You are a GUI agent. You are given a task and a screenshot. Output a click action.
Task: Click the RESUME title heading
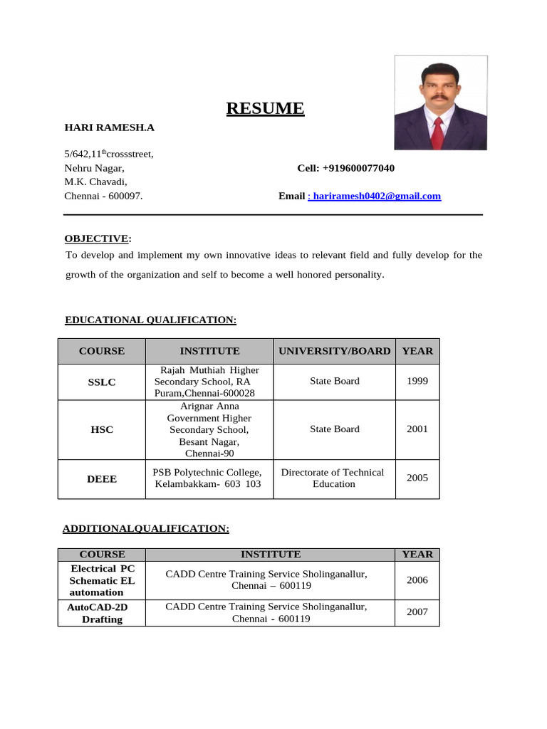(x=265, y=108)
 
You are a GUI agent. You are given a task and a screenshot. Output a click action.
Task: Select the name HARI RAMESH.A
(x=109, y=127)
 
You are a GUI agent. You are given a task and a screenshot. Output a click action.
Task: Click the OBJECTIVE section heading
(x=98, y=238)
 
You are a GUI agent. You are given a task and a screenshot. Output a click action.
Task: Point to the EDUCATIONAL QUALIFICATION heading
(x=150, y=320)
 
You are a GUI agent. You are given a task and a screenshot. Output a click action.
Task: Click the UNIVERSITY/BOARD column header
(x=334, y=351)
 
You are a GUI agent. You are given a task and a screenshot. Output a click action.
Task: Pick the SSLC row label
(x=101, y=382)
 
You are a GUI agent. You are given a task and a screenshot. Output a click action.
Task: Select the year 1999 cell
(x=417, y=381)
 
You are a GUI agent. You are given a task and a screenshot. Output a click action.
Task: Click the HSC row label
(x=101, y=430)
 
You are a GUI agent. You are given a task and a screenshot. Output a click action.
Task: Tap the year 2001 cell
(x=417, y=429)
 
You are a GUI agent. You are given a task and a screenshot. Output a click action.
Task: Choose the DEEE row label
(x=101, y=479)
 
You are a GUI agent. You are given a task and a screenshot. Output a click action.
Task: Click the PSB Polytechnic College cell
(x=208, y=478)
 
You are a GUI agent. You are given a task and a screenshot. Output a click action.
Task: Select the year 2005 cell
(x=417, y=478)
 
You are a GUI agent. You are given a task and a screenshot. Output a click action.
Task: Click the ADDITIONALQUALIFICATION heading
(x=146, y=528)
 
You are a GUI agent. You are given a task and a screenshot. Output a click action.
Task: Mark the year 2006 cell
(x=417, y=580)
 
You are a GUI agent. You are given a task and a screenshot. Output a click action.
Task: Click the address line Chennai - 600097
(x=103, y=196)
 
